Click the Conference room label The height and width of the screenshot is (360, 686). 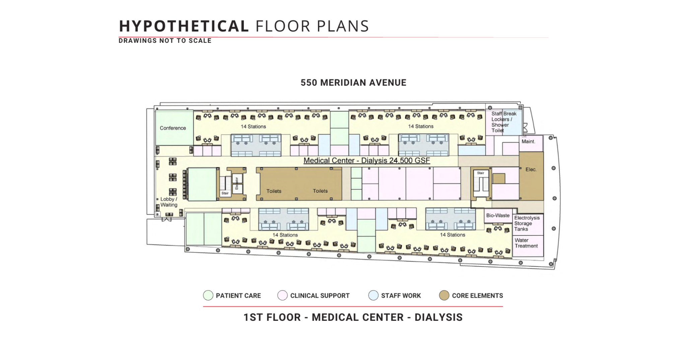point(173,128)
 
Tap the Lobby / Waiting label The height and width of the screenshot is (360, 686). point(169,202)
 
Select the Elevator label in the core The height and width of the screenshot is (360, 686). point(237,183)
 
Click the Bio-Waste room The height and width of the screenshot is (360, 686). point(498,215)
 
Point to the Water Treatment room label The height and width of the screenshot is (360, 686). point(526,243)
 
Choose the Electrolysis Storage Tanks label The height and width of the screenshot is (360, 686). point(527,223)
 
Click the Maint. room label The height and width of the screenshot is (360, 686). point(528,142)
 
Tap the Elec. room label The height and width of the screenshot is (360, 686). point(531,169)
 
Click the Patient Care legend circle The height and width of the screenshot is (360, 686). point(208,295)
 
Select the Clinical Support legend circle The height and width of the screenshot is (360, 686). point(282,295)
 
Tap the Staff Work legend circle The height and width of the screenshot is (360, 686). point(373,295)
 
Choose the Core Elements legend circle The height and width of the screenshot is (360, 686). point(444,295)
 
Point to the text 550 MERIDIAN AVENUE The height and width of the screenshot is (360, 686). point(353,83)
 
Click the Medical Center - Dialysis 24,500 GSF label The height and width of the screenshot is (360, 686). point(366,161)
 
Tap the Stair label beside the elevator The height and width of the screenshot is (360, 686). point(225,193)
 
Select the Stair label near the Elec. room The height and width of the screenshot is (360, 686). point(481,173)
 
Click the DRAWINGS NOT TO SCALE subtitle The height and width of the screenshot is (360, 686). point(165,41)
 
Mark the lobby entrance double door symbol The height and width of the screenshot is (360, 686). point(167,220)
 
